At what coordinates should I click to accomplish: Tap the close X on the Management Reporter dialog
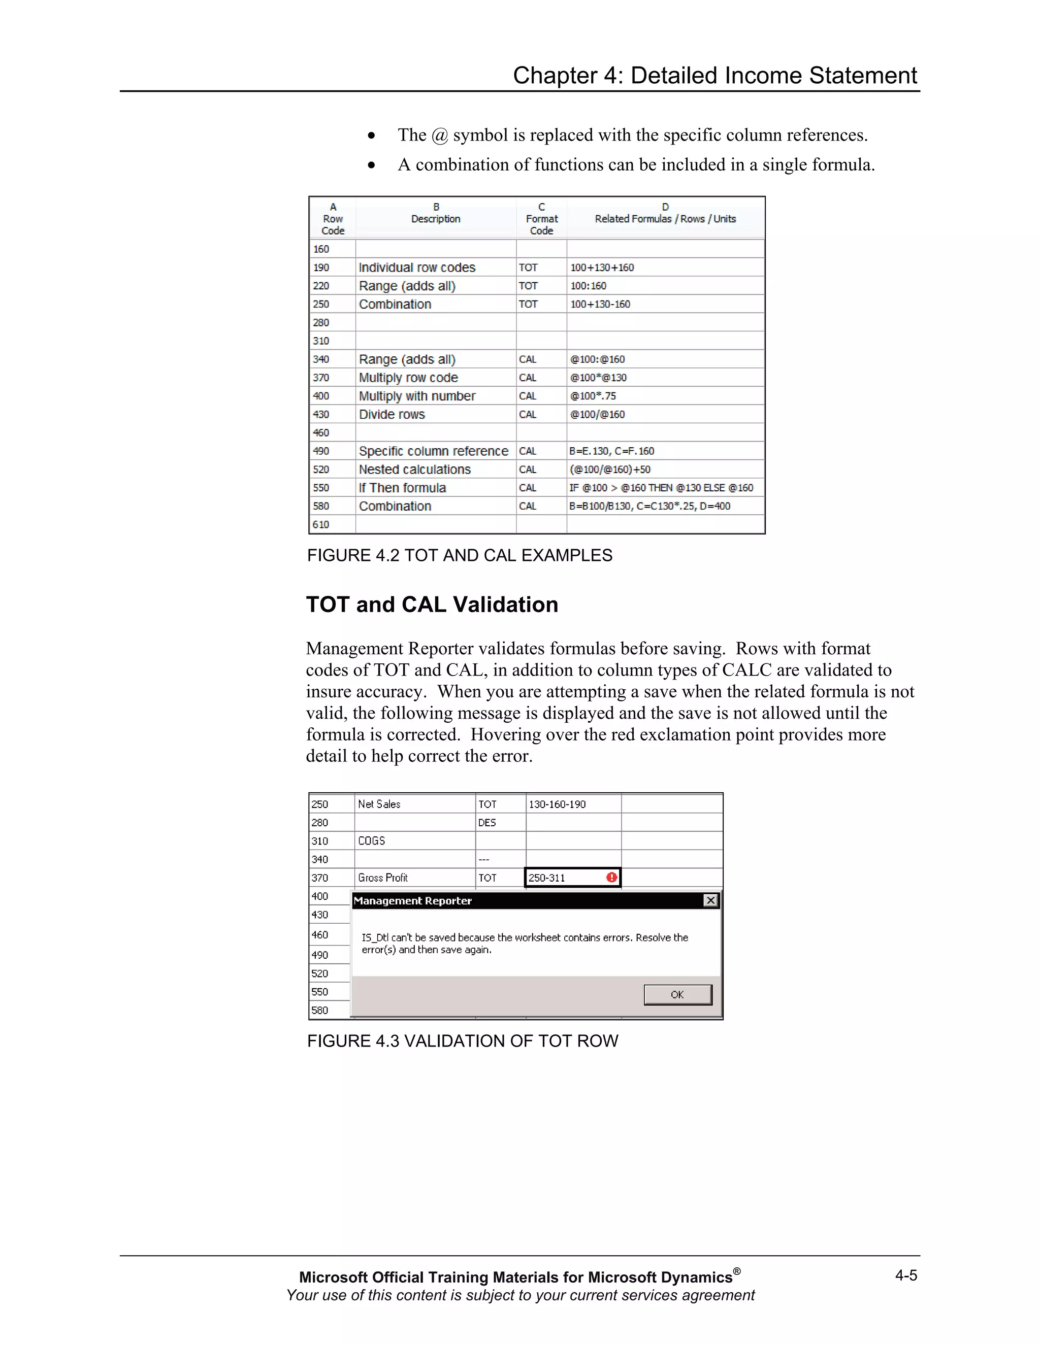(710, 900)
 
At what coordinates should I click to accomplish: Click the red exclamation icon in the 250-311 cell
(611, 877)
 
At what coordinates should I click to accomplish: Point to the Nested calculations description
(415, 469)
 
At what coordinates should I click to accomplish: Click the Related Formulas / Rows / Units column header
(665, 218)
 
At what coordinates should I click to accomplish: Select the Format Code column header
(541, 219)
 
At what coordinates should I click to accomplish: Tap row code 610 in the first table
(321, 525)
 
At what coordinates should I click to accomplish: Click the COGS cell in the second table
(372, 840)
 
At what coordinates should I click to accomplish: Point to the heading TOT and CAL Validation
(432, 605)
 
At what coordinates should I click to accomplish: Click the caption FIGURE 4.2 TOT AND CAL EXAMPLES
(460, 555)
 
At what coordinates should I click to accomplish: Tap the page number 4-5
(906, 1275)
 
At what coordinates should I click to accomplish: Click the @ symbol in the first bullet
(439, 136)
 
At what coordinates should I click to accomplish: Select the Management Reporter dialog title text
(412, 900)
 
